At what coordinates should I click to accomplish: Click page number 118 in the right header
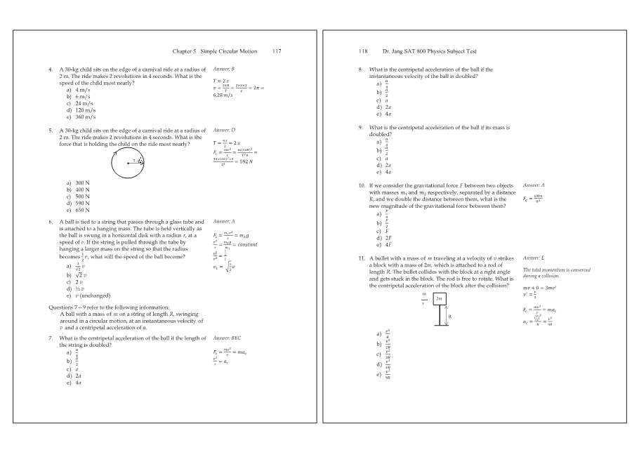pos(364,52)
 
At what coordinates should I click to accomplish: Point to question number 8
pos(361,69)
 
